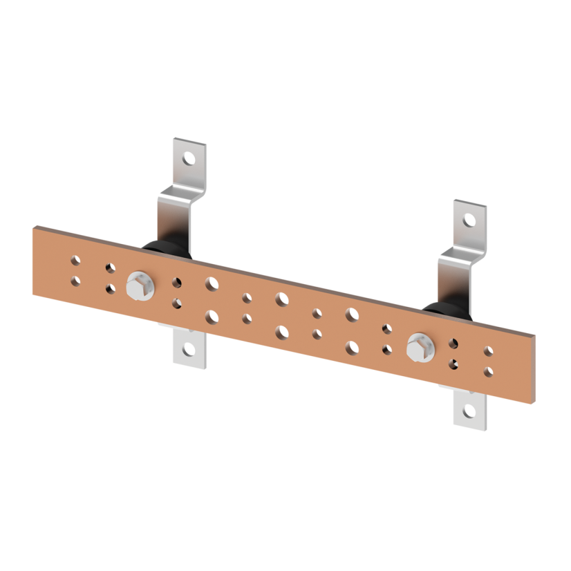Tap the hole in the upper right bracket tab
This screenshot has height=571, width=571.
pos(469,221)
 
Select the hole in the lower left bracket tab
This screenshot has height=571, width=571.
pos(187,348)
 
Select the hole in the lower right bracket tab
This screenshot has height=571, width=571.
pos(470,411)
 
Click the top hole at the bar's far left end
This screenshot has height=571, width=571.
pos(75,261)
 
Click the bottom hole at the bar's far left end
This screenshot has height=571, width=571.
pos(75,281)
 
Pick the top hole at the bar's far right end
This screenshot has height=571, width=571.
pos(489,352)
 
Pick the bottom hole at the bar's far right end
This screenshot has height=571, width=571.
pos(489,372)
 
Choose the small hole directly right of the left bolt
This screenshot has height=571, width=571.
pos(178,283)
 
